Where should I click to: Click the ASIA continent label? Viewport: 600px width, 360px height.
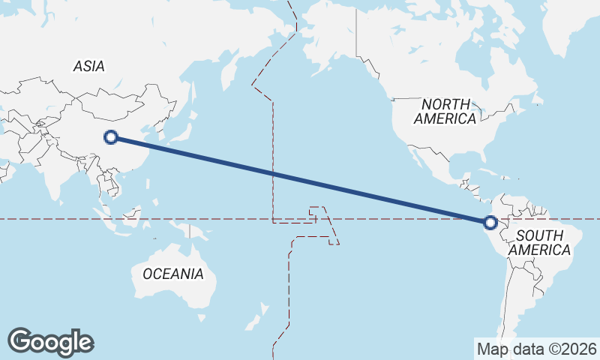click(x=88, y=66)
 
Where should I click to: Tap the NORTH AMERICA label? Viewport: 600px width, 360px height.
click(x=445, y=111)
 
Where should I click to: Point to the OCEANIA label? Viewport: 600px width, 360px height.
click(x=172, y=274)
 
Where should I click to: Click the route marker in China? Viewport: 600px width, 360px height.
click(x=112, y=136)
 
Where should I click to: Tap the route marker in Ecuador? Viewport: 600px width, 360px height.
click(x=490, y=223)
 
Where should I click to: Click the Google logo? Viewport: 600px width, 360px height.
click(x=50, y=342)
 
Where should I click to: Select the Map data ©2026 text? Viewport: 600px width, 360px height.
click(x=537, y=349)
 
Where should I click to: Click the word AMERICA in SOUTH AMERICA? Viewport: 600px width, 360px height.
click(x=540, y=249)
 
